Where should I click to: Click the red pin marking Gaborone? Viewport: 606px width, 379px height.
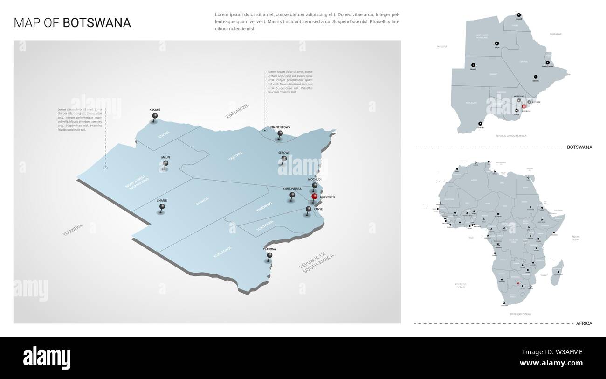[x=315, y=197]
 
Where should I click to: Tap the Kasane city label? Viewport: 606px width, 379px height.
[x=155, y=109]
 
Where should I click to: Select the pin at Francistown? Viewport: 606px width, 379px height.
[x=280, y=134]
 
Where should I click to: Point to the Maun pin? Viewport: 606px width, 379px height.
[x=165, y=163]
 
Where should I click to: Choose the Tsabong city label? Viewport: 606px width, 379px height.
[x=269, y=249]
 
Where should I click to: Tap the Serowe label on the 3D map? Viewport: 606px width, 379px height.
[x=284, y=153]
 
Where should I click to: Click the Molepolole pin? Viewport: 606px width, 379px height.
[x=292, y=196]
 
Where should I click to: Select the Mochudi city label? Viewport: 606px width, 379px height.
[x=315, y=179]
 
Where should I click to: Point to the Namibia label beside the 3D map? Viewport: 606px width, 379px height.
[x=74, y=229]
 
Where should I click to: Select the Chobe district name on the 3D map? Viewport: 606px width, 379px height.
[x=164, y=134]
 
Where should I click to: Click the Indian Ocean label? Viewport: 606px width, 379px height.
[x=576, y=238]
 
